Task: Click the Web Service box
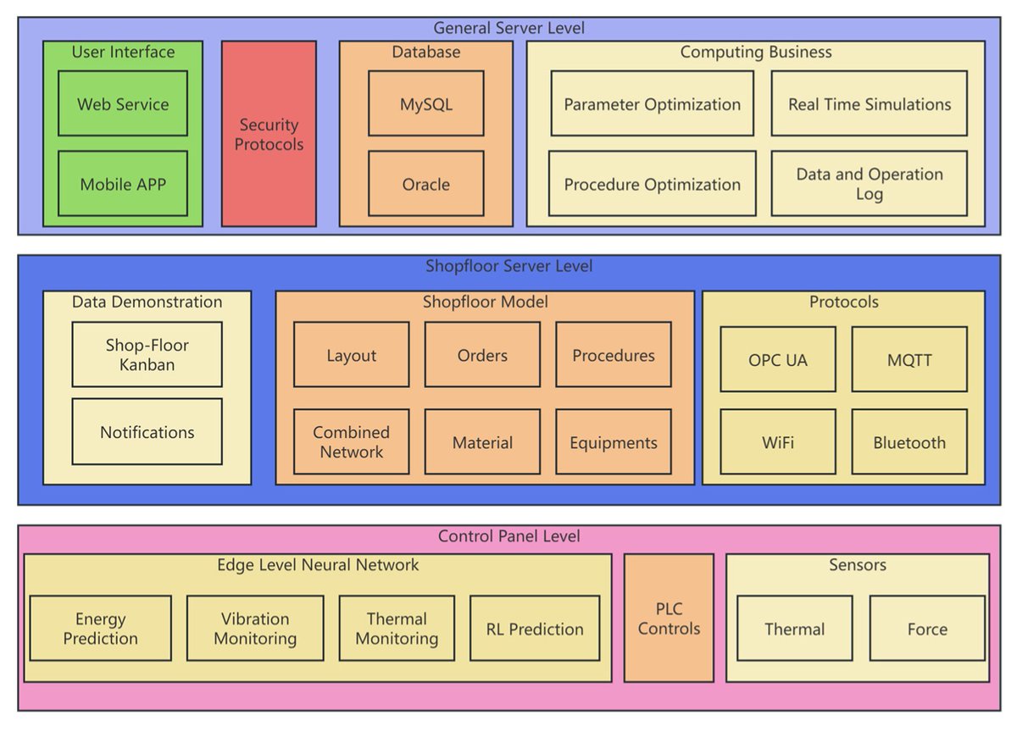tap(123, 103)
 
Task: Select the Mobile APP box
tap(123, 184)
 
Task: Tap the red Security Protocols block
tap(269, 134)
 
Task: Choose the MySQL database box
tap(425, 103)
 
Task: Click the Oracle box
tap(425, 184)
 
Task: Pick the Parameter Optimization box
tap(652, 103)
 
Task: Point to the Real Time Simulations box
tap(869, 103)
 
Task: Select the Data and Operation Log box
tap(869, 184)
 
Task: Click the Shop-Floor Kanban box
tap(147, 354)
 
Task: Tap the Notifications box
tap(147, 432)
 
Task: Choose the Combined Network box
tap(351, 441)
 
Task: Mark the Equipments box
tap(613, 441)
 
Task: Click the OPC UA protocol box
tap(777, 359)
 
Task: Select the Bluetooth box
tap(909, 441)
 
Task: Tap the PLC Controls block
tap(669, 618)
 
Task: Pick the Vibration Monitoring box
tap(254, 629)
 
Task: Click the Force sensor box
tap(927, 629)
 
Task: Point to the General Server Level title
tap(508, 28)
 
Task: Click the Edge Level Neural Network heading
tap(318, 565)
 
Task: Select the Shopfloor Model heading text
tap(485, 302)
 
